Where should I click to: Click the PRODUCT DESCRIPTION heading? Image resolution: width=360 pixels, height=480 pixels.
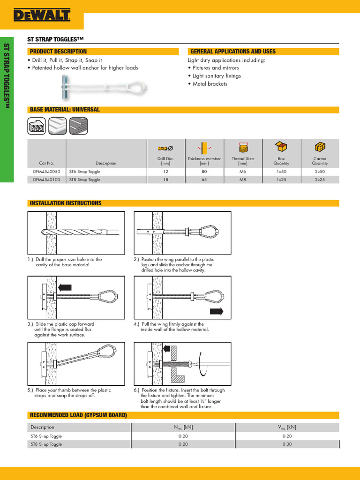point(58,52)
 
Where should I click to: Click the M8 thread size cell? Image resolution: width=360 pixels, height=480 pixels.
point(242,180)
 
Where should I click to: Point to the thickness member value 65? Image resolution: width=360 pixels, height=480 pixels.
point(204,180)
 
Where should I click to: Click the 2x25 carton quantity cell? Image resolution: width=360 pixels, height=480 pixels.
point(320,180)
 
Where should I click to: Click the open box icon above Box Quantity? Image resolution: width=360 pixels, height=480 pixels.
point(281,147)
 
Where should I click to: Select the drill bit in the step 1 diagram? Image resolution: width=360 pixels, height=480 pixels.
point(80,232)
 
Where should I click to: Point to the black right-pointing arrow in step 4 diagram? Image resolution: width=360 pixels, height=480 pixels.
point(216,311)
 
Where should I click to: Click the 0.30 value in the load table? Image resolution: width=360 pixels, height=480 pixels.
point(287,444)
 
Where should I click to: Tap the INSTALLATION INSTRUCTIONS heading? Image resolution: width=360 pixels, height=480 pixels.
point(65,203)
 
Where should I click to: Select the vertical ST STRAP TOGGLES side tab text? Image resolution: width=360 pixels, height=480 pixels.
point(7,77)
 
